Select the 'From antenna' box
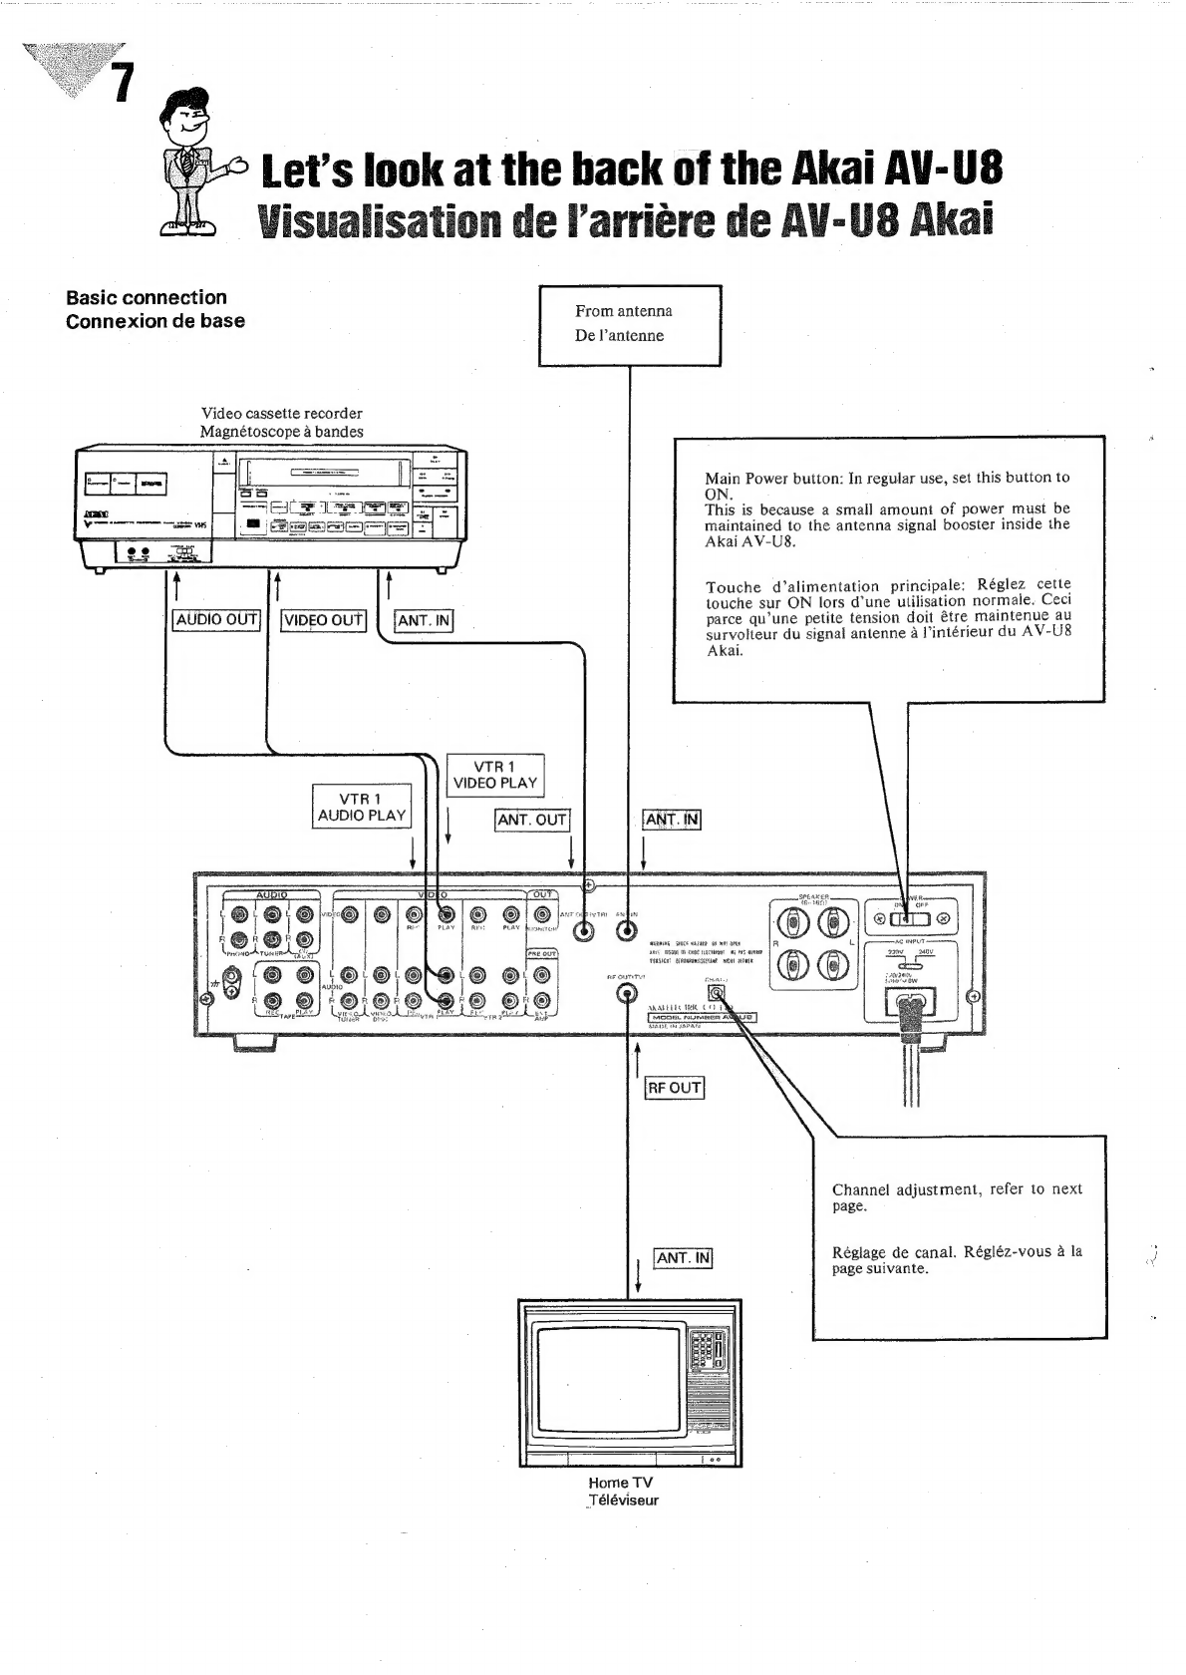click(x=629, y=324)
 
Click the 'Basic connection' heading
click(x=147, y=297)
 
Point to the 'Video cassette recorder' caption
click(x=281, y=413)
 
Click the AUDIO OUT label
click(x=216, y=619)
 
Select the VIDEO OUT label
click(x=324, y=620)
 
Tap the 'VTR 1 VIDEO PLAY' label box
click(x=495, y=775)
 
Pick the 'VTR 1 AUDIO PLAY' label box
click(x=361, y=807)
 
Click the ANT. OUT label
click(x=531, y=820)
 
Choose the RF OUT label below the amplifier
click(x=675, y=1087)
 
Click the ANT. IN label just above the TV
click(x=683, y=1257)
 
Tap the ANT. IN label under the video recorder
click(x=424, y=620)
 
